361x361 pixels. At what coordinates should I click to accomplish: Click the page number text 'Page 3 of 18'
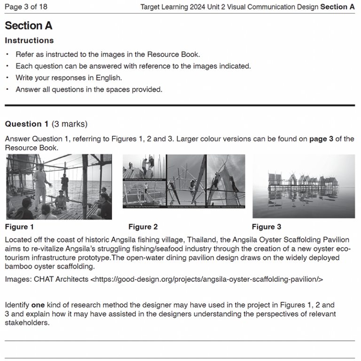(x=26, y=7)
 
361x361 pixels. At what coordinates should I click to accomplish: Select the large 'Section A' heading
(x=28, y=26)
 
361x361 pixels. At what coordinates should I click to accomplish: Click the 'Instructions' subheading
(x=29, y=40)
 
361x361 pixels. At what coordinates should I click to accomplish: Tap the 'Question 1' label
(x=26, y=124)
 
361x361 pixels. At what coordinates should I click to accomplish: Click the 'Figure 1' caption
(x=19, y=227)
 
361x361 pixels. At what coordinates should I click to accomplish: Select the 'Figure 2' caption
(x=143, y=227)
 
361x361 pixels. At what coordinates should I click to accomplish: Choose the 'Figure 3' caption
(x=267, y=227)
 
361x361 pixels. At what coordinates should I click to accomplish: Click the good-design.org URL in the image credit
(x=206, y=279)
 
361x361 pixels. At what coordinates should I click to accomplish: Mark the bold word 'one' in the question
(x=38, y=305)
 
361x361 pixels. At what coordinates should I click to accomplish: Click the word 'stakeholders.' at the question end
(x=27, y=323)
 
